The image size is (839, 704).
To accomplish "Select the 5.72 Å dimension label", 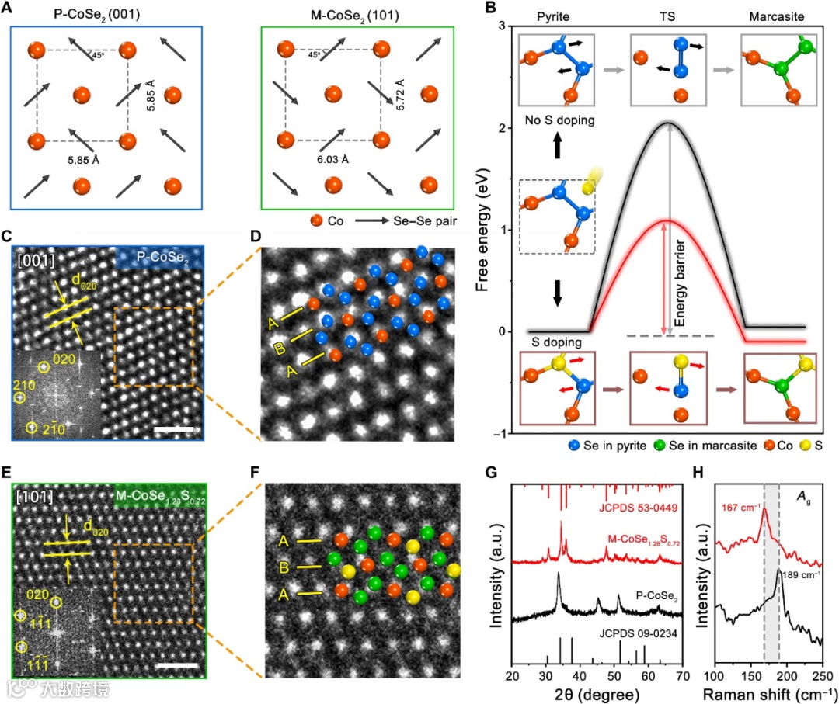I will click(x=400, y=95).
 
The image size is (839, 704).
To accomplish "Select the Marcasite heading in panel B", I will click(x=781, y=15).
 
